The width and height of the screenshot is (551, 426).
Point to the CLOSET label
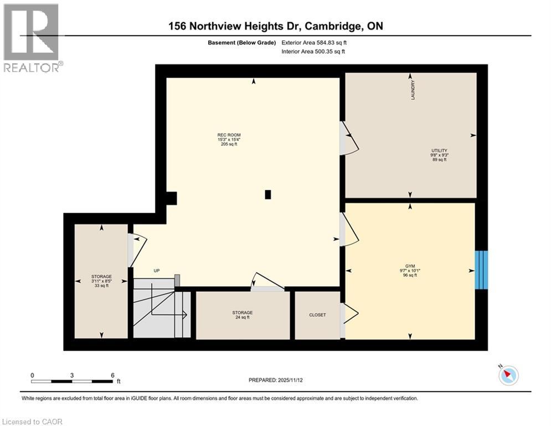[x=317, y=315]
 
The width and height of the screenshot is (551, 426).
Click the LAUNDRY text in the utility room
[x=413, y=90]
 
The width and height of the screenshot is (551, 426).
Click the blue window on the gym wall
[x=482, y=270]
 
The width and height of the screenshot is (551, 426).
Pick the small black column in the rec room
[x=268, y=194]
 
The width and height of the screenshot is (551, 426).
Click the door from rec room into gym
[x=349, y=230]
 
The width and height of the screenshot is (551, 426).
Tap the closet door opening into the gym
[x=350, y=314]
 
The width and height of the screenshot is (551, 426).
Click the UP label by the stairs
[x=157, y=271]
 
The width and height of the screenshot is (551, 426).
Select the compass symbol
[x=508, y=376]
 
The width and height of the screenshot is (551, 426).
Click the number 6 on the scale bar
[x=112, y=375]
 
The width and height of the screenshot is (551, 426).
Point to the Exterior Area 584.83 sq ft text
[x=315, y=42]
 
